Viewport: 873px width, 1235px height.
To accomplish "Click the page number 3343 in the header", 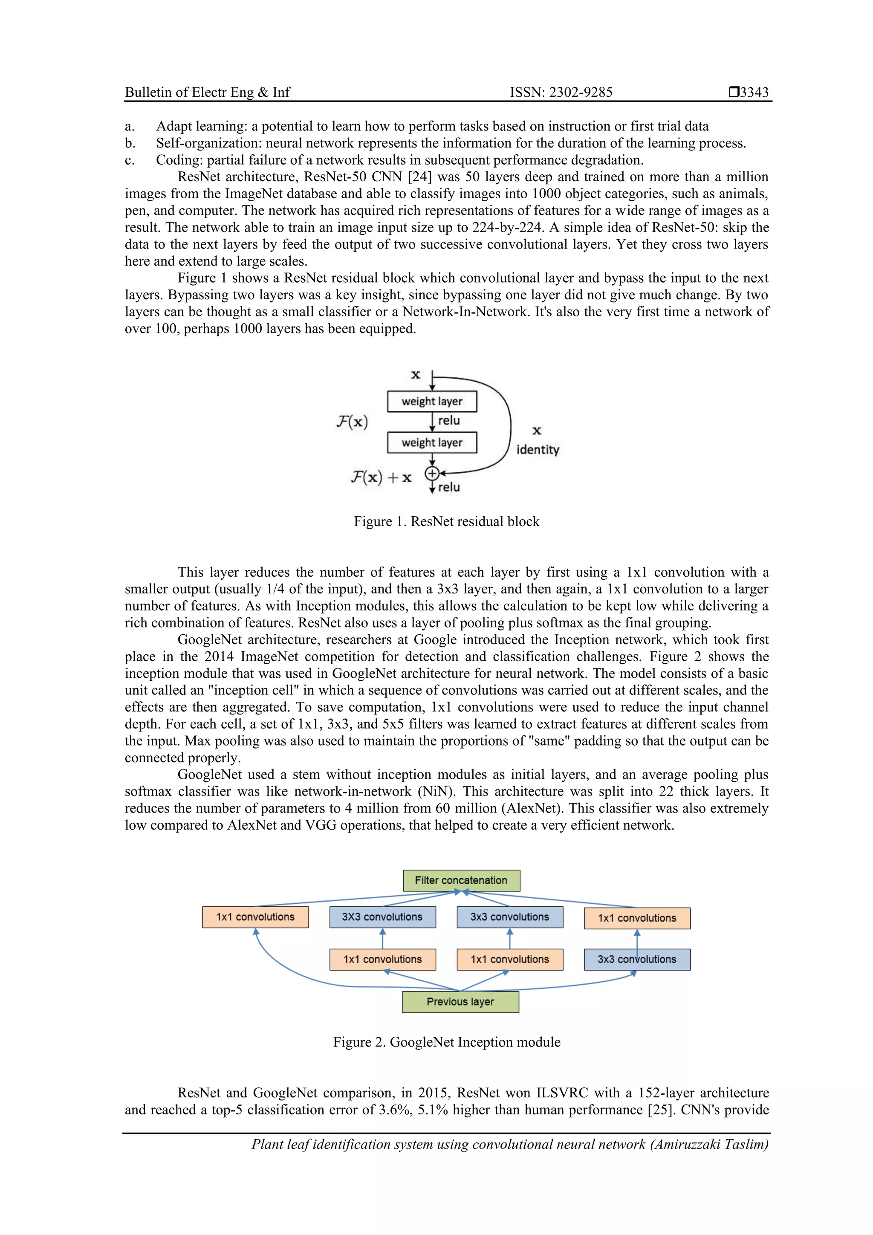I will click(x=754, y=92).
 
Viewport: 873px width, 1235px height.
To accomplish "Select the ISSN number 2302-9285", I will click(x=581, y=92).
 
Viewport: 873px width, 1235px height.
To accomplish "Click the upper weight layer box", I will click(x=432, y=401).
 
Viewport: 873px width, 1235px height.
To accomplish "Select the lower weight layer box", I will click(x=432, y=443).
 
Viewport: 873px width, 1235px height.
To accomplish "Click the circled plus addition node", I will click(x=432, y=473).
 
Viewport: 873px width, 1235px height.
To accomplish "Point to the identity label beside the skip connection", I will click(x=538, y=450).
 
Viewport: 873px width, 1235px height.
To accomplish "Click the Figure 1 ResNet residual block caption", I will click(x=446, y=521).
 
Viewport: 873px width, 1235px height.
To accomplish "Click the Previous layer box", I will click(x=460, y=1001).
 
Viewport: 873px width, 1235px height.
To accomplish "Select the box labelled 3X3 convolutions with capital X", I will click(x=382, y=917).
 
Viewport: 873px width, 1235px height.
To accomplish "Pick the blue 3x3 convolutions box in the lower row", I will click(x=637, y=959).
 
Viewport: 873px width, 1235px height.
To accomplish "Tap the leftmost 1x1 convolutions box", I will click(x=255, y=917).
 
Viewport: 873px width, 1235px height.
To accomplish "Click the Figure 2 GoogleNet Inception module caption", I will click(x=446, y=1042).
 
